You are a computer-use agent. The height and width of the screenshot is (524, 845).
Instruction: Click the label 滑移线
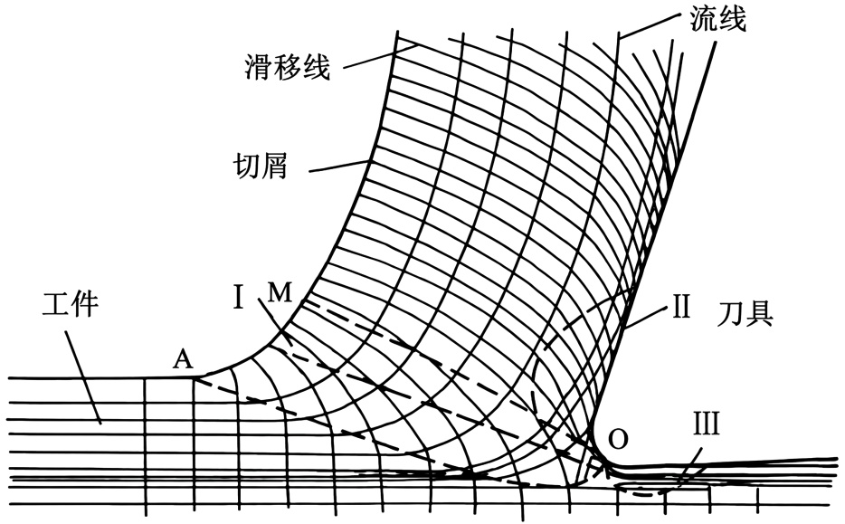(287, 66)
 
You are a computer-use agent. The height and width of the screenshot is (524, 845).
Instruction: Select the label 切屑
(260, 165)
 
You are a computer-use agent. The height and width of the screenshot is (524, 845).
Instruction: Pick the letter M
(280, 292)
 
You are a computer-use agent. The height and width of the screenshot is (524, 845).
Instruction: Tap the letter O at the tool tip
(618, 439)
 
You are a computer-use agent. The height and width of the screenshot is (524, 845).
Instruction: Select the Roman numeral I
(239, 297)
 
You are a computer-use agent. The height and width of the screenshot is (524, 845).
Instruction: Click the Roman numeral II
(681, 306)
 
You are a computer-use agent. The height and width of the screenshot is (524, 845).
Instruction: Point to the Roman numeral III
(706, 424)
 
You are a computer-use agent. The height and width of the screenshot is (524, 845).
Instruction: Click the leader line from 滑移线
(381, 56)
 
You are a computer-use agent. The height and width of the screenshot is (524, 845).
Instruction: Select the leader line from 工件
(83, 376)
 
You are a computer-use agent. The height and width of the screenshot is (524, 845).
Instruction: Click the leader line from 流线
(652, 25)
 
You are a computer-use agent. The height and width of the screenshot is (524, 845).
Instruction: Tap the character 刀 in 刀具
(731, 313)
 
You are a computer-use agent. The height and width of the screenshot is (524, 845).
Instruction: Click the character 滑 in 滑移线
(259, 67)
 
